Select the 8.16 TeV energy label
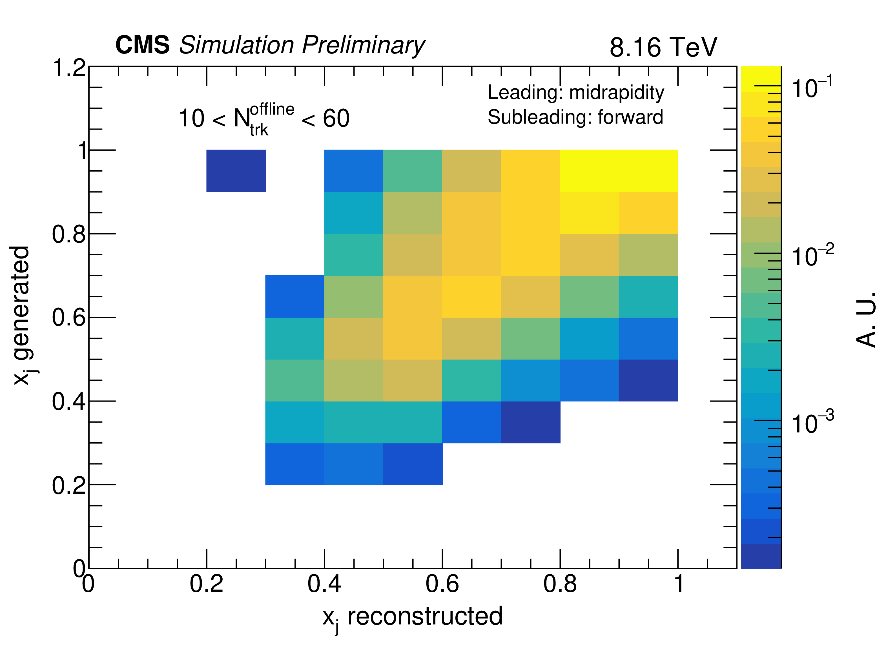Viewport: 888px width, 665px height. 663,47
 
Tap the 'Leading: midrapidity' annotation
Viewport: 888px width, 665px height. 576,92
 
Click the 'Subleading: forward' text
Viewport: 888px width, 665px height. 575,117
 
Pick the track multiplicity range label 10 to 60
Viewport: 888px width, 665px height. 264,119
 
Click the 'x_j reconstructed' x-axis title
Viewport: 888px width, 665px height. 412,617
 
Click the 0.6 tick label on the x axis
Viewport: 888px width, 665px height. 442,584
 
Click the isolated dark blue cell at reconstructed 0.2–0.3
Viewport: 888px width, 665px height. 236,171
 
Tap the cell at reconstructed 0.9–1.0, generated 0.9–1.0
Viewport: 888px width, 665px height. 648,171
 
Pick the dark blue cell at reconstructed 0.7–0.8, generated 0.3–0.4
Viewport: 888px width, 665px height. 530,422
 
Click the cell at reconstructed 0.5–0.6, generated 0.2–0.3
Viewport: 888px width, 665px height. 412,464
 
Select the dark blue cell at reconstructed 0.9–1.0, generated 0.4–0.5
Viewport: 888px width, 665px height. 648,380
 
